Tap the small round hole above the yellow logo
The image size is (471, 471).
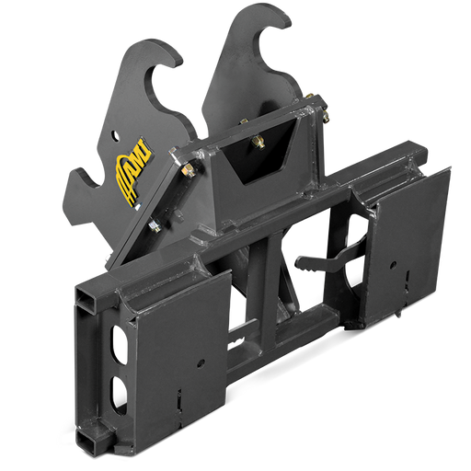tap(115, 135)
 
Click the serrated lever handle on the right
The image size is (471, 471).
tap(322, 263)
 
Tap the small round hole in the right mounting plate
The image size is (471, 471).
tap(393, 266)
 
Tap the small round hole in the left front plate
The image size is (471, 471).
tap(201, 363)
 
